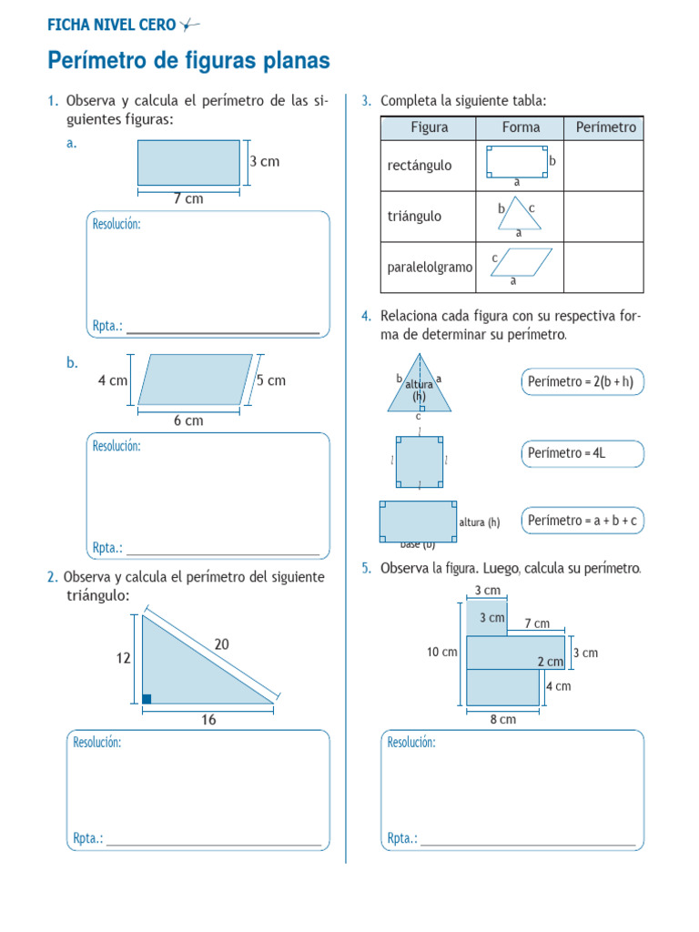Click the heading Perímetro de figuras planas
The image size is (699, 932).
click(188, 62)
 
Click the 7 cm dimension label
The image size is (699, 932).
click(188, 198)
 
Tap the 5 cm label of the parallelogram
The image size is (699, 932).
click(271, 380)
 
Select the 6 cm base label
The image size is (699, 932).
click(188, 420)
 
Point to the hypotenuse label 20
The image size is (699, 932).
click(222, 643)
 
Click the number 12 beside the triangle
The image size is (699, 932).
click(123, 657)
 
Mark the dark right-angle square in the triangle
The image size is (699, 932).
click(147, 698)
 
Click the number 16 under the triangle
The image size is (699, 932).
click(208, 720)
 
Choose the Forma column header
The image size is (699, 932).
click(521, 127)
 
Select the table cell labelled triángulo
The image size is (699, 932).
click(415, 217)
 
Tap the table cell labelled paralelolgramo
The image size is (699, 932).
click(430, 268)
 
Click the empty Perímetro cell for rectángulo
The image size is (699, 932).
click(605, 166)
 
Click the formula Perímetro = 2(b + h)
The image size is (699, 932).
click(582, 382)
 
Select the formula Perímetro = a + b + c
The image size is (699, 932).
click(582, 521)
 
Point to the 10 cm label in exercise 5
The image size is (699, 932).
click(441, 652)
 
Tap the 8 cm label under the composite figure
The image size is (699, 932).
click(502, 719)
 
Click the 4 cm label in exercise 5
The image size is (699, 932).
click(558, 686)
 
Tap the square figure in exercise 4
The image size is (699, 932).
click(420, 461)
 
